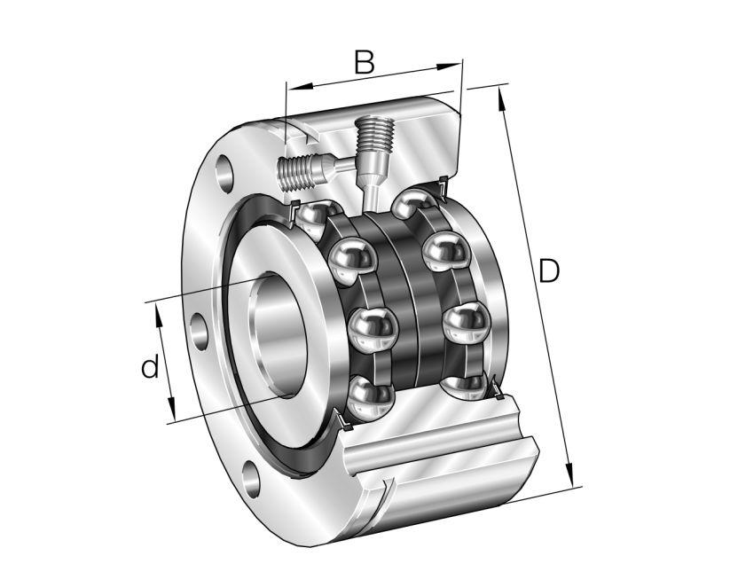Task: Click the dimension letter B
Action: click(x=364, y=62)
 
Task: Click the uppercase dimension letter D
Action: click(x=550, y=271)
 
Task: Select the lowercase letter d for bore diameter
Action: click(x=150, y=366)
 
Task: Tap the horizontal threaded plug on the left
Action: click(x=297, y=171)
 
